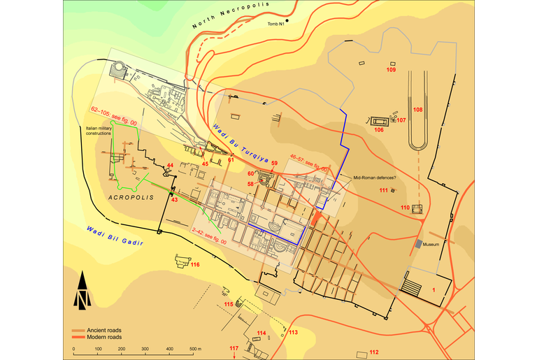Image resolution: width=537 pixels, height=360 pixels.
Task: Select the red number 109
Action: (392, 70)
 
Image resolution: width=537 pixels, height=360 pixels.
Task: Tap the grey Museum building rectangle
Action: (418, 244)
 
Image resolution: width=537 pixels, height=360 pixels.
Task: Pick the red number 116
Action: (195, 265)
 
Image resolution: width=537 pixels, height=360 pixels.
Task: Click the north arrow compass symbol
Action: (83, 290)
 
